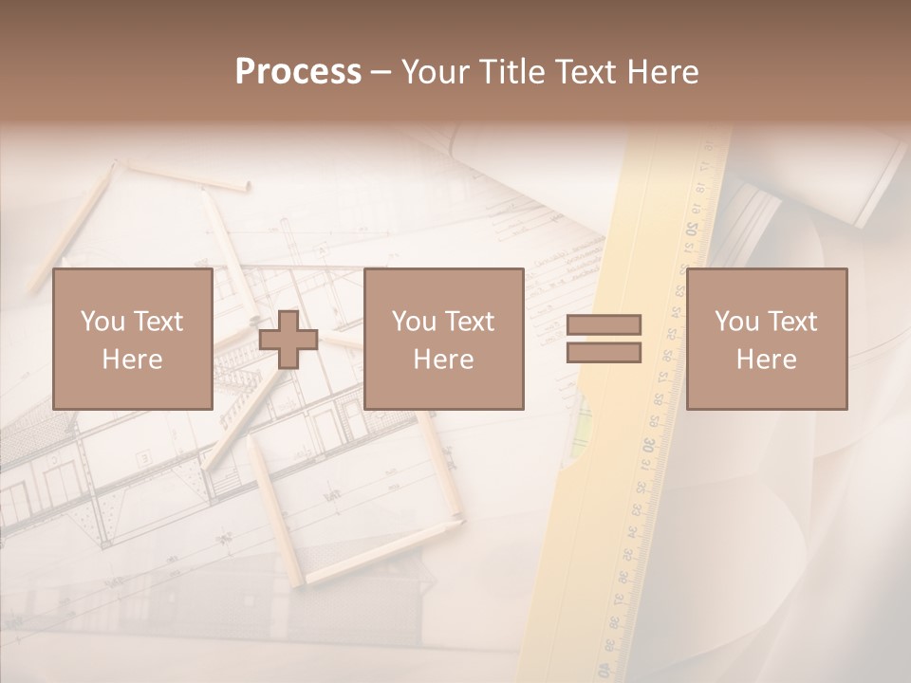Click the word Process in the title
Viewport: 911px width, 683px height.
[298, 72]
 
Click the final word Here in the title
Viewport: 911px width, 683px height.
[662, 72]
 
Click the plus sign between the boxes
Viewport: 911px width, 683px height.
[288, 340]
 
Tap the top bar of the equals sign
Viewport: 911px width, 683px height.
[604, 324]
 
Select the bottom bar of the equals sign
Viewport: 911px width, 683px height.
[604, 353]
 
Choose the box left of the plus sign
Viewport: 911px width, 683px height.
[133, 339]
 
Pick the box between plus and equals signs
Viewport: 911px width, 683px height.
[443, 339]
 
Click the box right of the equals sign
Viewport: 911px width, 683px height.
[766, 339]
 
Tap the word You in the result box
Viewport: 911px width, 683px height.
[736, 322]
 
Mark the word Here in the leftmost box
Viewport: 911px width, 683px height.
[132, 360]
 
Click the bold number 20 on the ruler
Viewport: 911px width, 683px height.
[692, 229]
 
